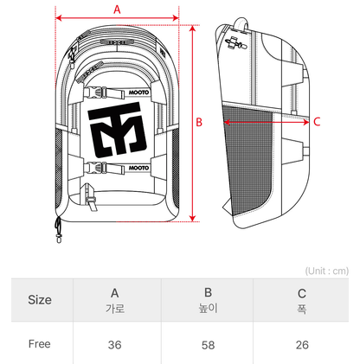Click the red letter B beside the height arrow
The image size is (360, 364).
[198, 122]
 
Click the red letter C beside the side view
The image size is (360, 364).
[317, 122]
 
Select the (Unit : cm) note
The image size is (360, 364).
[326, 270]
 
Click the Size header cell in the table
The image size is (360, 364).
[40, 300]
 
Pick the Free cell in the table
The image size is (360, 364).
[40, 343]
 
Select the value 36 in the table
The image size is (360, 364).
[114, 344]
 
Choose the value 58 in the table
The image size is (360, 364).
[208, 344]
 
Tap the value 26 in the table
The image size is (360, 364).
[301, 344]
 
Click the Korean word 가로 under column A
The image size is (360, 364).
[114, 309]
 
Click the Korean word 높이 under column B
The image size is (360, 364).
[208, 309]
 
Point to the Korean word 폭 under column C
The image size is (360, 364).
[301, 309]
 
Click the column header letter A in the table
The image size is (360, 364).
[114, 293]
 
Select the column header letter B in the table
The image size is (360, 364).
[208, 293]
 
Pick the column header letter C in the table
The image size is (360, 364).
[301, 293]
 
